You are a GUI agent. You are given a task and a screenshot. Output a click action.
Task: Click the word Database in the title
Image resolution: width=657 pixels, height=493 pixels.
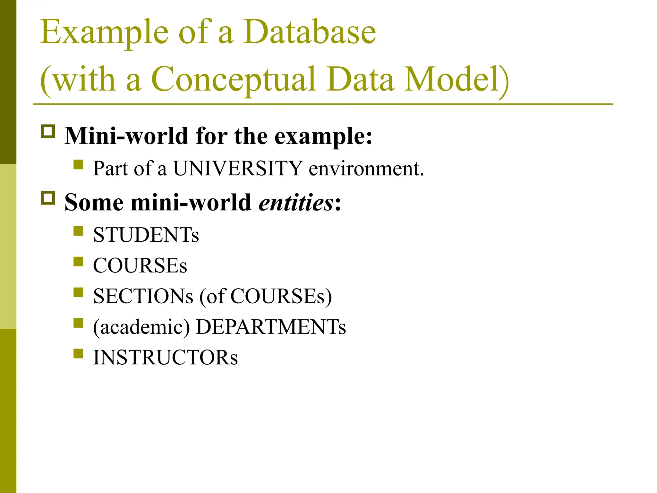click(309, 32)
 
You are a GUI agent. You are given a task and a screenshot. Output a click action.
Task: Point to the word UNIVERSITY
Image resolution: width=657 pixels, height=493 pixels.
click(238, 168)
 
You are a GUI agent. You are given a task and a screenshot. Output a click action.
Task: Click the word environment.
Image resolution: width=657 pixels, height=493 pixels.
click(366, 169)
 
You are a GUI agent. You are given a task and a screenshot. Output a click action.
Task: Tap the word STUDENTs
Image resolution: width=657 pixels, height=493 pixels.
click(146, 235)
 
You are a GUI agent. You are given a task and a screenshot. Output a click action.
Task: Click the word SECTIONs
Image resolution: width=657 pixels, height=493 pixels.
click(143, 296)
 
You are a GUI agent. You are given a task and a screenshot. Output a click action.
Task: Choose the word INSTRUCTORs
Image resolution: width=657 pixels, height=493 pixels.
click(166, 358)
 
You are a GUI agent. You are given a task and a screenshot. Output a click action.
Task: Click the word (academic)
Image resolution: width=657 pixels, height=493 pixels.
click(141, 327)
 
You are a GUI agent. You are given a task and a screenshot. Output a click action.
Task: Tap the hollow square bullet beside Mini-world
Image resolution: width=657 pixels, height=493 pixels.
click(48, 132)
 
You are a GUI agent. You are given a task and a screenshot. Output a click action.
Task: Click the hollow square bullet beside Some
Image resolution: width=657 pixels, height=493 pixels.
click(48, 198)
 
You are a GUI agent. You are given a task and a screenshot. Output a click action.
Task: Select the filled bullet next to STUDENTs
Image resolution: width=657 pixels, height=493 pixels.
click(78, 231)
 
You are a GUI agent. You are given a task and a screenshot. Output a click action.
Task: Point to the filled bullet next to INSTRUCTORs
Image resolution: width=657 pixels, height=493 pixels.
click(78, 353)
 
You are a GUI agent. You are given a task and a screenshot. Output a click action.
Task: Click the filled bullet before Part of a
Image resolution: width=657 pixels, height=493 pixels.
click(78, 165)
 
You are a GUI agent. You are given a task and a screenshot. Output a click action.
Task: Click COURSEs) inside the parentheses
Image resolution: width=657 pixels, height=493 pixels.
click(281, 296)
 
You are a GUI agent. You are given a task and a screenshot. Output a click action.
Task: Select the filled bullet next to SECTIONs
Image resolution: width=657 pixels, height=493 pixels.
click(78, 292)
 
